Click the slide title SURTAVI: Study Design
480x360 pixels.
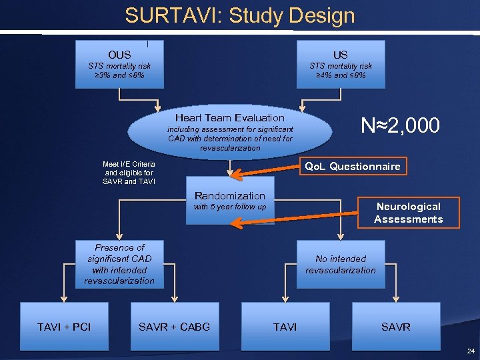[x=239, y=15]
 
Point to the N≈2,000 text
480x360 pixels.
[x=400, y=125]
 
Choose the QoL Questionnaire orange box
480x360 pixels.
[x=353, y=166]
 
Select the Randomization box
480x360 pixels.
[x=229, y=201]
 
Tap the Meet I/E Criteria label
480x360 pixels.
[x=129, y=173]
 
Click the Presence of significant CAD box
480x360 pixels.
[x=119, y=264]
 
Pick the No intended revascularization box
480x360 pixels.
[x=341, y=264]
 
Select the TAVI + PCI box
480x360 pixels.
[x=64, y=327]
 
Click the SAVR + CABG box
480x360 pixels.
[x=174, y=327]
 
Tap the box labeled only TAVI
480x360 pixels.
[x=285, y=327]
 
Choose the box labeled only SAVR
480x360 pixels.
[x=395, y=327]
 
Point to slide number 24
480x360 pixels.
[x=471, y=351]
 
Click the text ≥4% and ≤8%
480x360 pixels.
[x=341, y=75]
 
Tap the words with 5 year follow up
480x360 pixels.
[x=229, y=207]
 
